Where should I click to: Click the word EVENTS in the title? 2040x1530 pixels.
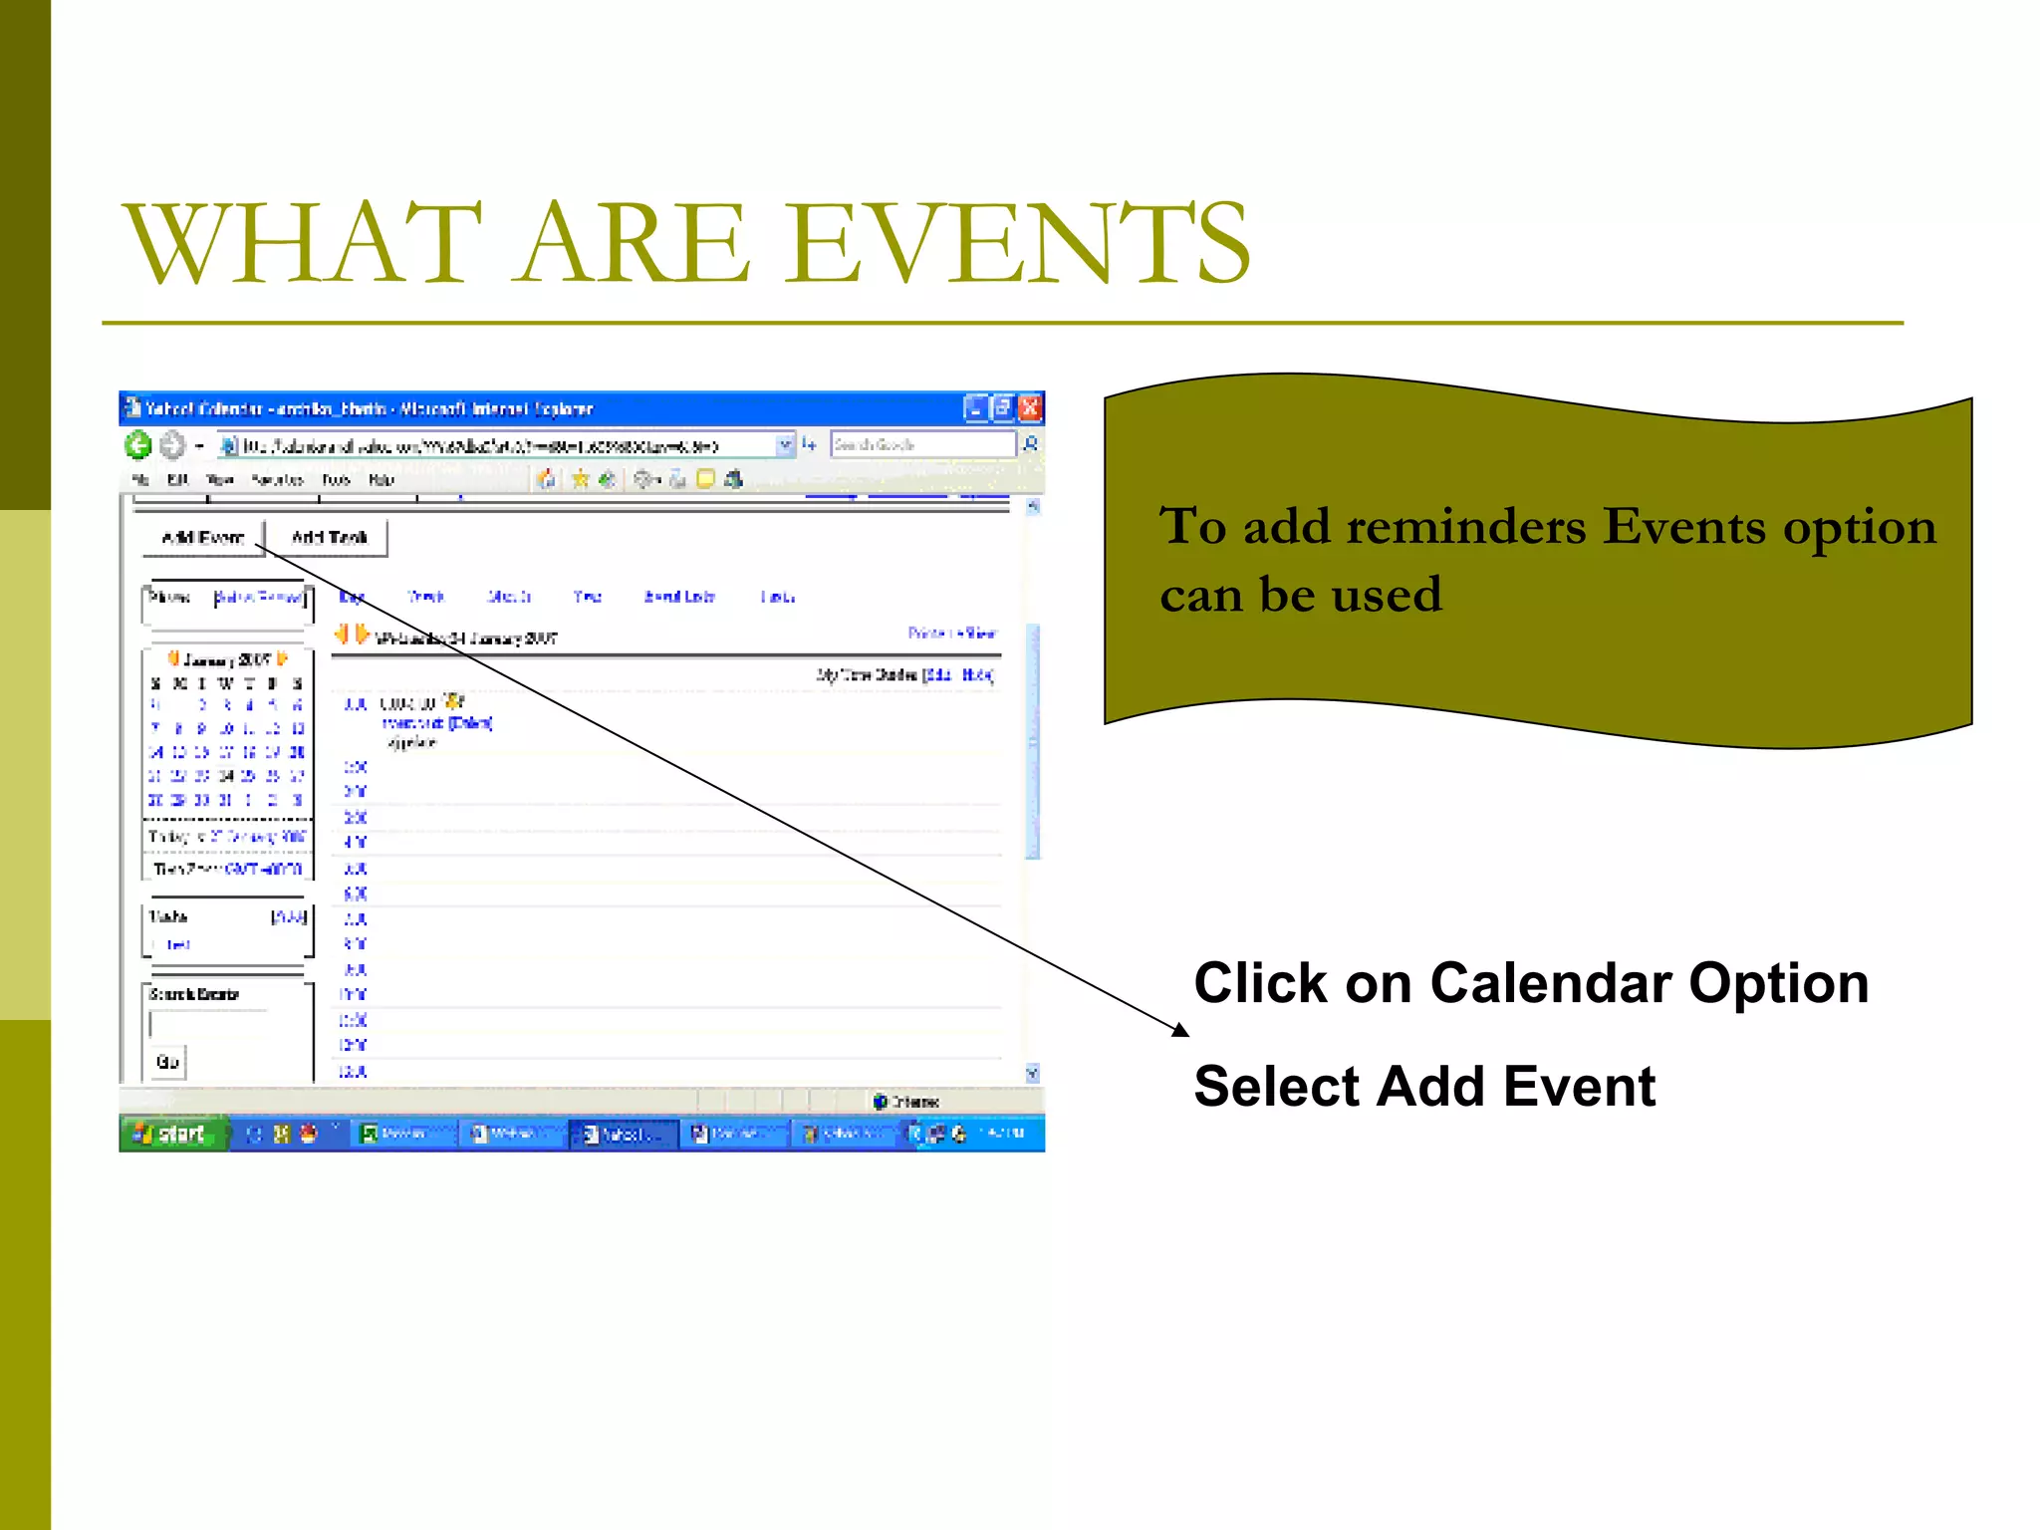pos(1021,244)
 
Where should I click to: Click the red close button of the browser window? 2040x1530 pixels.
pos(1030,408)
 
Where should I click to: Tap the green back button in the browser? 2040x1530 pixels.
pos(138,445)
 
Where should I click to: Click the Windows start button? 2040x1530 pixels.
pos(171,1134)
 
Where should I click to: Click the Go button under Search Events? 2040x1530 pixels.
pos(167,1062)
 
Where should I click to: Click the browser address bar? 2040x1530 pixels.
pos(498,445)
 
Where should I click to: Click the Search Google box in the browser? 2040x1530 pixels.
pos(921,444)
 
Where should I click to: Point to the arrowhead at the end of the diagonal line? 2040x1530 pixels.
pos(1182,1031)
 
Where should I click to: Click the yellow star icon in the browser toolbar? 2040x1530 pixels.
pos(580,479)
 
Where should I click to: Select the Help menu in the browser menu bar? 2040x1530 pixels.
pos(382,480)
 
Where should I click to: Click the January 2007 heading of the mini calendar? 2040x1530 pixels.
pos(227,659)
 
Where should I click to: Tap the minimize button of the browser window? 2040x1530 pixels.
pos(975,408)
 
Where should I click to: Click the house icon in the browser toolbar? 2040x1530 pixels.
pos(546,479)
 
